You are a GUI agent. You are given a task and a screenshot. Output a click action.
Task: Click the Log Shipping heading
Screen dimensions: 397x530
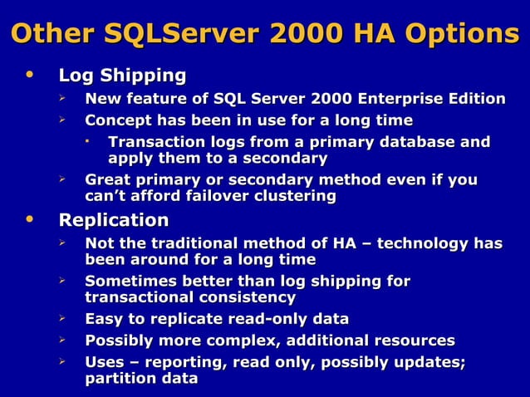[122, 76]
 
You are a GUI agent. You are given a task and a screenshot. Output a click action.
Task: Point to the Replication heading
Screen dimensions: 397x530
[113, 220]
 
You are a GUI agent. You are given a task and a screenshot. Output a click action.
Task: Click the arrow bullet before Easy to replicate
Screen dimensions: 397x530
[61, 318]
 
